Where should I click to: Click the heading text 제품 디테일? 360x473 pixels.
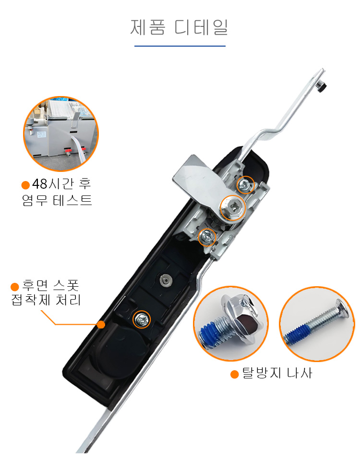179,27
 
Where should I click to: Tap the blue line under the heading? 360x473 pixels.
180,46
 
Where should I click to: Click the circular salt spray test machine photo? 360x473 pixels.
61,133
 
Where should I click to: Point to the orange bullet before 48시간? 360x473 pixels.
25,185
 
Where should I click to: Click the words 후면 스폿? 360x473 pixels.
50,285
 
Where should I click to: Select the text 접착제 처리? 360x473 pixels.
46,300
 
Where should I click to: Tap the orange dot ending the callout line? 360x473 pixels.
101,325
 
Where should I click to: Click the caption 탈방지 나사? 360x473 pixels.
277,374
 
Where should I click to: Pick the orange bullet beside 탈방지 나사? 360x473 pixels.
235,375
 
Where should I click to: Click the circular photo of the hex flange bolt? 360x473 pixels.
231,323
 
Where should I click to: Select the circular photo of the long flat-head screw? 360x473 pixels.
317,324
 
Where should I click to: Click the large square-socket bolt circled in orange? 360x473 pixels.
232,208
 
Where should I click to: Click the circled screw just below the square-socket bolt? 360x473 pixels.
207,237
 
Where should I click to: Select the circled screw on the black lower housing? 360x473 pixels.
142,319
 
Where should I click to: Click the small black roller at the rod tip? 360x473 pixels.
321,87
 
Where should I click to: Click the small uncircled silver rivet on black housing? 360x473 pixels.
166,280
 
